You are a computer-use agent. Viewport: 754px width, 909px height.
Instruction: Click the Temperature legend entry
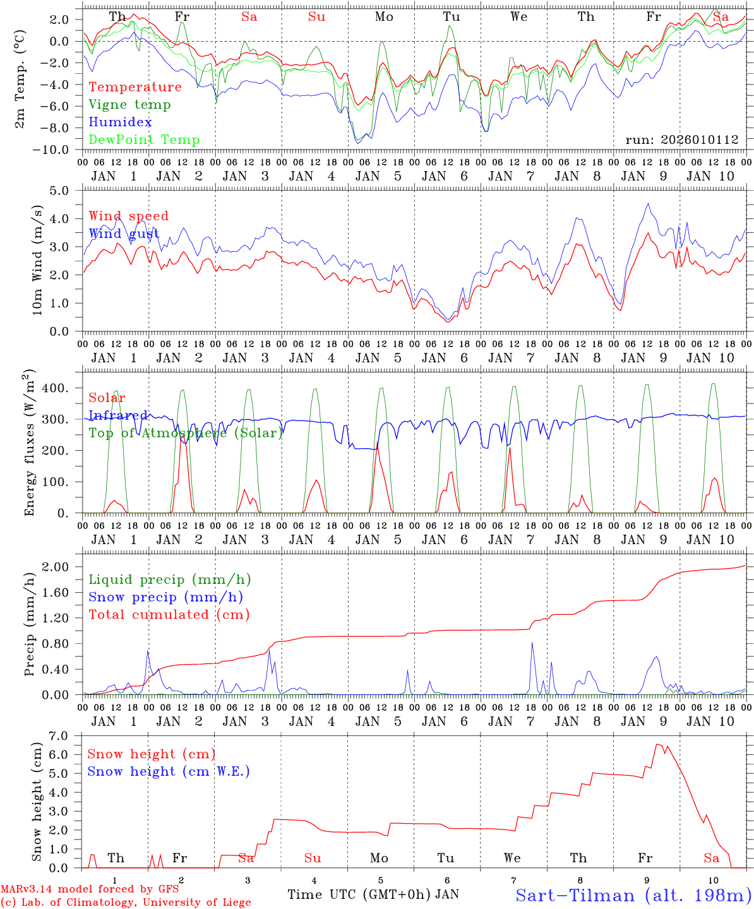(x=135, y=87)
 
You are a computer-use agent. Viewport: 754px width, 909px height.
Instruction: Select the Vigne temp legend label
(x=129, y=105)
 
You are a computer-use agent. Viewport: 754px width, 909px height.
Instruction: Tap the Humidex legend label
(x=120, y=122)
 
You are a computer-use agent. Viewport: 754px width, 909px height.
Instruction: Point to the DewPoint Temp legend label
(x=144, y=140)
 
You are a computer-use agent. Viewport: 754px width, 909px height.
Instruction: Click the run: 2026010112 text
(x=681, y=140)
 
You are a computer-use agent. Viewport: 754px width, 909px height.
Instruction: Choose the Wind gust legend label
(x=124, y=234)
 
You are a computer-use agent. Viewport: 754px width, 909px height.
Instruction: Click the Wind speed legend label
(x=129, y=216)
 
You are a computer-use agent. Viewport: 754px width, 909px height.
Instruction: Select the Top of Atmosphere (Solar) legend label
(x=186, y=433)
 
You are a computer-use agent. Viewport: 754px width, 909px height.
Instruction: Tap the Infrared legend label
(x=118, y=415)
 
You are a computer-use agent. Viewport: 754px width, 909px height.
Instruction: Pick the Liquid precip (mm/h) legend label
(x=169, y=579)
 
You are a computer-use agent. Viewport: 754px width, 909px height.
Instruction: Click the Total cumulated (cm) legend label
(x=169, y=615)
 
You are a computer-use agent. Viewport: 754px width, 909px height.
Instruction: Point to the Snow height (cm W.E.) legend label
(x=169, y=771)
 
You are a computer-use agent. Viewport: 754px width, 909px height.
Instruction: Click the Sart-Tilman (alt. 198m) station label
(x=633, y=895)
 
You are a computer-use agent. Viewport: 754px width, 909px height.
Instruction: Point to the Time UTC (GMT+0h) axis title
(x=359, y=894)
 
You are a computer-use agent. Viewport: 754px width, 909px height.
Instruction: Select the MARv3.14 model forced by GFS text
(x=90, y=889)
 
